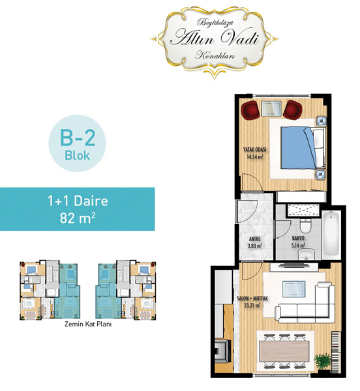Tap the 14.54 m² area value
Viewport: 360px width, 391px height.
(255, 157)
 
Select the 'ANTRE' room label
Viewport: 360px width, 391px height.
(255, 239)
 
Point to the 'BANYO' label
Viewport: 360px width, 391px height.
(298, 239)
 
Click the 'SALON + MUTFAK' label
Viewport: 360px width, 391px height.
(252, 298)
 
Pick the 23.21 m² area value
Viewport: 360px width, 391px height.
(252, 305)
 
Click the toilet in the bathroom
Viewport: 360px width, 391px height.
(305, 225)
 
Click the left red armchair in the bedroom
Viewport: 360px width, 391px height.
(250, 110)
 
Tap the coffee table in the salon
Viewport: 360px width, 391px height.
(294, 289)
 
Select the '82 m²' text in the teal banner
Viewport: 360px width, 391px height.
(78, 218)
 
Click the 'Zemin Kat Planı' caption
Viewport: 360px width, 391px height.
(88, 324)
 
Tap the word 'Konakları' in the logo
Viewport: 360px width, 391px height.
(215, 55)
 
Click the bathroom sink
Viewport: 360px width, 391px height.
(307, 254)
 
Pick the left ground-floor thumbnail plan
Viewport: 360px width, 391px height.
(50, 290)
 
